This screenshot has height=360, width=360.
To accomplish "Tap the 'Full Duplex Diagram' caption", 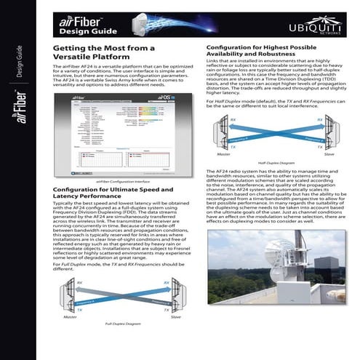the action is point(121,321).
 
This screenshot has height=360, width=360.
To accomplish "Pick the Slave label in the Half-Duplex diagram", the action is point(329,154).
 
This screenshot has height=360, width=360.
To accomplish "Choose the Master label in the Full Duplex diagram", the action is point(69,317).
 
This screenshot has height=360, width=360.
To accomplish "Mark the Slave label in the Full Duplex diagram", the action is point(175,317).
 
